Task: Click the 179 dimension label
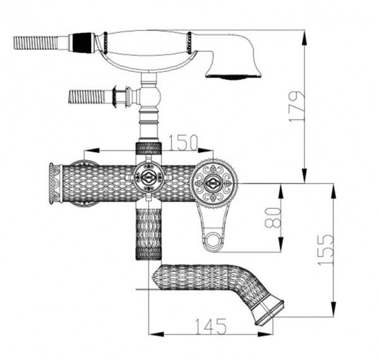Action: [x=297, y=106]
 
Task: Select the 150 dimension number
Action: [x=183, y=143]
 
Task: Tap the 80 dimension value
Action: [x=273, y=217]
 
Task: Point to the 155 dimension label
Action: [x=325, y=249]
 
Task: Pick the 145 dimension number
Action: [x=210, y=327]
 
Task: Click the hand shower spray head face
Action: [x=234, y=76]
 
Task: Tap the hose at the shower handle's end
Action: [x=36, y=43]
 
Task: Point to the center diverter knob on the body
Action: [x=148, y=179]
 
